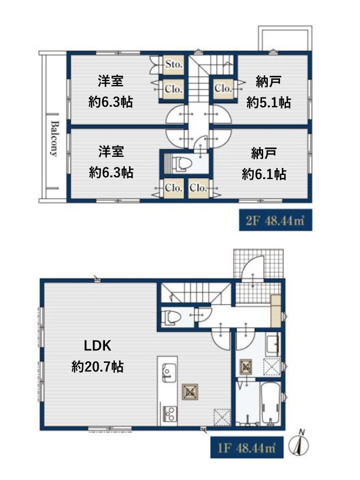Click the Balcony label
pos(54,138)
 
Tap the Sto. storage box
pos(173,65)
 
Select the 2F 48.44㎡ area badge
pos(275,220)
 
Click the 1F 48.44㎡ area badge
pos(247,448)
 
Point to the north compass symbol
pos(299,443)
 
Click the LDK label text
pos(97,346)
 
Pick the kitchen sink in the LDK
pos(167,372)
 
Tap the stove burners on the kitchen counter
pos(168,413)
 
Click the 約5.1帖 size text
pos(268,102)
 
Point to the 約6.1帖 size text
pos(264,174)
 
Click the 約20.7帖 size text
pos(97,366)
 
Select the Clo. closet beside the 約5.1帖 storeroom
pos(223,89)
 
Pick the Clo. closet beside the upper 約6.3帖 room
pos(173,89)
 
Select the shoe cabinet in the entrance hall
pos(275,311)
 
